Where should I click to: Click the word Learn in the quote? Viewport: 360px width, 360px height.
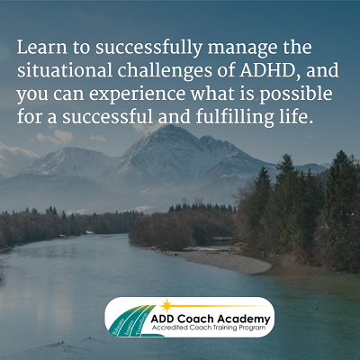point(42,48)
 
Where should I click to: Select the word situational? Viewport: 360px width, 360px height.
point(65,70)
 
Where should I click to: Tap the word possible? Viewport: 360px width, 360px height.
point(296,94)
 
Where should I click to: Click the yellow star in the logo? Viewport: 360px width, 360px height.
point(166,306)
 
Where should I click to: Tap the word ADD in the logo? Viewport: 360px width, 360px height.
point(162,319)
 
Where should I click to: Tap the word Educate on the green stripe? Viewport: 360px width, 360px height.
point(118,328)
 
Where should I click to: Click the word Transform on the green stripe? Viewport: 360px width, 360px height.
point(142,324)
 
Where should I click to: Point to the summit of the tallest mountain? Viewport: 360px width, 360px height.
point(170,126)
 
